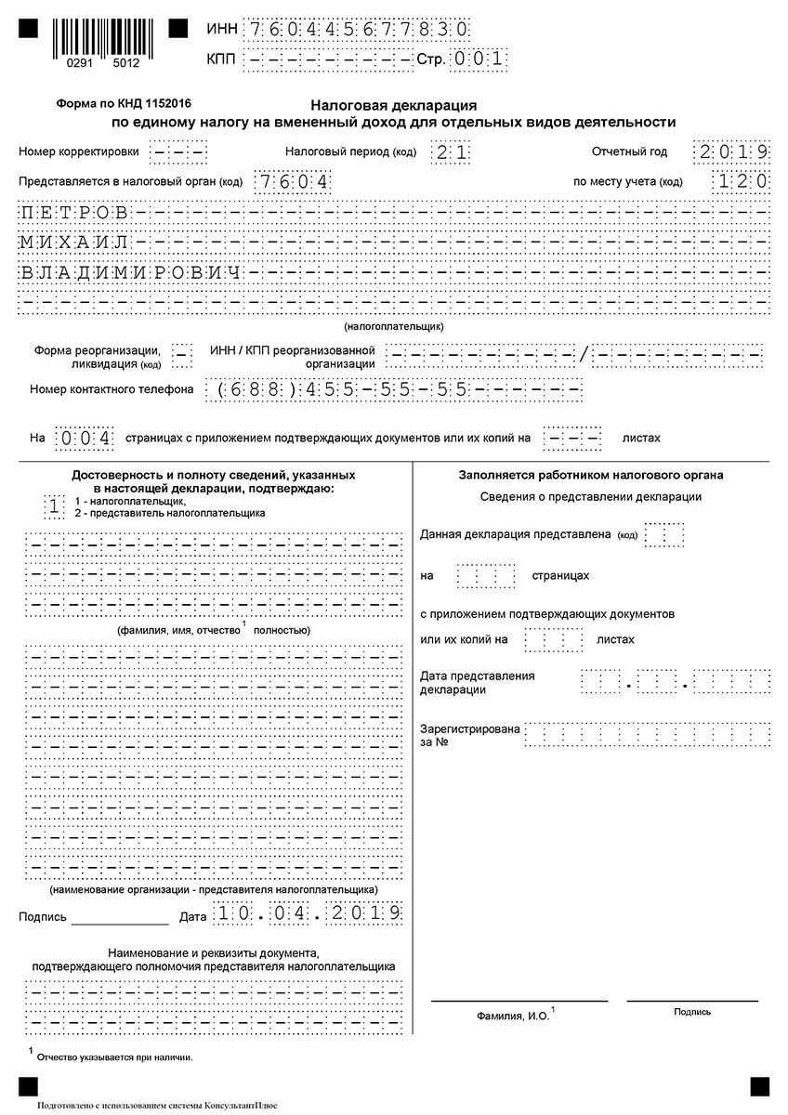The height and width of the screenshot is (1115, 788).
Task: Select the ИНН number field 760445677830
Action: (x=355, y=29)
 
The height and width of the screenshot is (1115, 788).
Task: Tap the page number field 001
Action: (x=479, y=59)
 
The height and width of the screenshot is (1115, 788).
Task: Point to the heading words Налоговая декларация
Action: (x=394, y=106)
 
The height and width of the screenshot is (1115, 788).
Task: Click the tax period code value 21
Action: (x=450, y=151)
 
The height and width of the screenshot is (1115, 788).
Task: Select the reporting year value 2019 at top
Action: (x=732, y=151)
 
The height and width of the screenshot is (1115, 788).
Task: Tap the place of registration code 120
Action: (x=742, y=181)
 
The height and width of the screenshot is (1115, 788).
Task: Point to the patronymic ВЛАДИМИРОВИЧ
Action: (x=131, y=273)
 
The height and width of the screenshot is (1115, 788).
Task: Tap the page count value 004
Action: (x=85, y=438)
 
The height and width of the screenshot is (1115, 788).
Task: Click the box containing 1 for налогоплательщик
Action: (x=55, y=506)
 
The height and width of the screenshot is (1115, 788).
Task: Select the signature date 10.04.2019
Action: (x=308, y=913)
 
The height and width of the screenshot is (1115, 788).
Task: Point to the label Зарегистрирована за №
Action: (x=469, y=736)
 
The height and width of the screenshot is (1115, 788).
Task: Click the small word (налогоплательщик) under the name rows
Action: (x=394, y=327)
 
